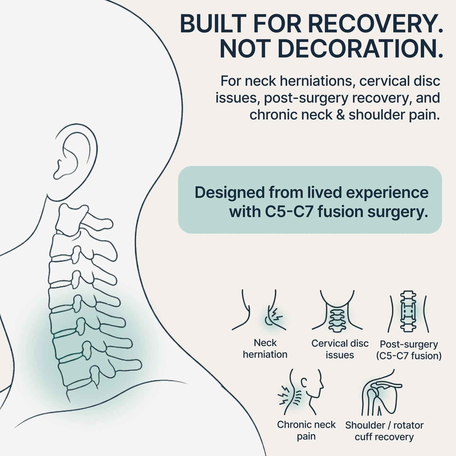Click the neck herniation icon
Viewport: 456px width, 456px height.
pos(259,310)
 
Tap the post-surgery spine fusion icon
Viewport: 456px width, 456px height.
pos(408,311)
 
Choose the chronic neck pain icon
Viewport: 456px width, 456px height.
pos(300,392)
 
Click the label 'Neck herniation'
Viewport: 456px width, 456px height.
pos(265,349)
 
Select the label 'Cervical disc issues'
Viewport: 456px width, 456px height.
pos(340,349)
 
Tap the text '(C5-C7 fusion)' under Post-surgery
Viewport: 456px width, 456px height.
pos(409,356)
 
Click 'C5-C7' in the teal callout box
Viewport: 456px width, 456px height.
pos(289,212)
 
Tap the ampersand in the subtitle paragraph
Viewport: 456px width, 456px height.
pos(340,115)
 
